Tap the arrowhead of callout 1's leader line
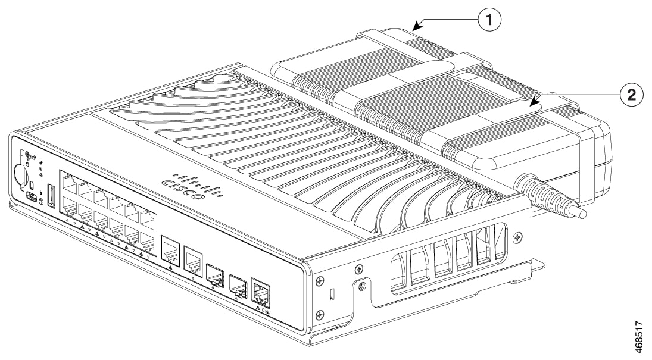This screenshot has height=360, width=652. tap(415, 26)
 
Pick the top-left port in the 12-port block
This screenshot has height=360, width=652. tap(70, 182)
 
